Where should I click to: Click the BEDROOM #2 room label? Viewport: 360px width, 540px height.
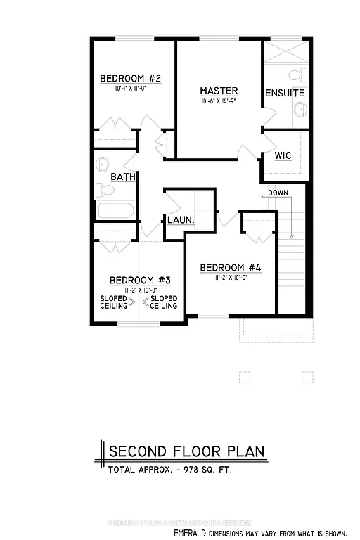tap(131, 78)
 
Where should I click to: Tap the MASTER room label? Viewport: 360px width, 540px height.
tap(219, 91)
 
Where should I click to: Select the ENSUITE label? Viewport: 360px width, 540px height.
tap(285, 94)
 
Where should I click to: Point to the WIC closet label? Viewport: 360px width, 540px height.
tap(283, 155)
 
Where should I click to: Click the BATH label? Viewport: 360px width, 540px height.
tap(122, 177)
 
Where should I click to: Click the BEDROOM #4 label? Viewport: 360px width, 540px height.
tap(231, 267)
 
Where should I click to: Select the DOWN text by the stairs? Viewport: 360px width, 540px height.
tap(278, 192)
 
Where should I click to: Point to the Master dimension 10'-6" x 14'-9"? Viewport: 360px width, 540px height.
tap(219, 102)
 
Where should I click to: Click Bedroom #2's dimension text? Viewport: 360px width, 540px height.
tap(131, 89)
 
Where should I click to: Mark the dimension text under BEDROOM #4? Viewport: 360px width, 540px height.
tap(231, 278)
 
